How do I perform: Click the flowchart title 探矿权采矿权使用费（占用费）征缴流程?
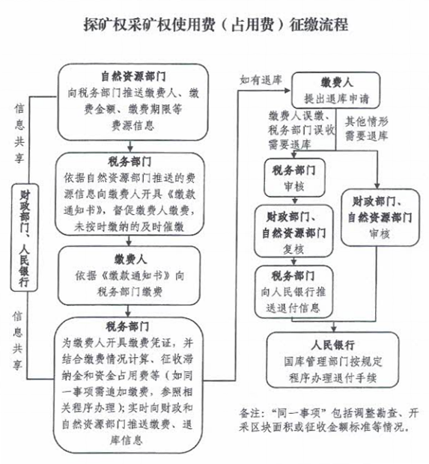click(216, 24)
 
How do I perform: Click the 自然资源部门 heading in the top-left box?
click(133, 76)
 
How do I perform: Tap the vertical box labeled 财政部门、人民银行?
click(25, 237)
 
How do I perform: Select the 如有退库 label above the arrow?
click(261, 79)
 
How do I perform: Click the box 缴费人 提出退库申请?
click(335, 90)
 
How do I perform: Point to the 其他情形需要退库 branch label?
click(366, 129)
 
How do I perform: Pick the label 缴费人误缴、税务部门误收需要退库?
click(302, 130)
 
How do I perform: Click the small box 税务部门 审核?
click(294, 177)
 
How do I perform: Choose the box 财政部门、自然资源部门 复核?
click(293, 231)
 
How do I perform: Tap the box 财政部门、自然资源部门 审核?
click(380, 217)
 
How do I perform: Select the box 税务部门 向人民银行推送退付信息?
click(293, 291)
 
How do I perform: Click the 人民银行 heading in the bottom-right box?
click(332, 345)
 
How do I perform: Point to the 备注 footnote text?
click(329, 420)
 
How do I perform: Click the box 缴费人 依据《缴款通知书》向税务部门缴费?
click(129, 275)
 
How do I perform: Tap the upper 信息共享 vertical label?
click(19, 133)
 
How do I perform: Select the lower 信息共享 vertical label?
click(17, 341)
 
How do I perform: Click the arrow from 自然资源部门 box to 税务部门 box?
click(130, 146)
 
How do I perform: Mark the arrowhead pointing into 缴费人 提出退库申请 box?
click(287, 91)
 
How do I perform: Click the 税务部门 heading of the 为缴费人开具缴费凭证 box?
click(127, 327)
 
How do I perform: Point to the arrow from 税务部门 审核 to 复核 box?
click(294, 201)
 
